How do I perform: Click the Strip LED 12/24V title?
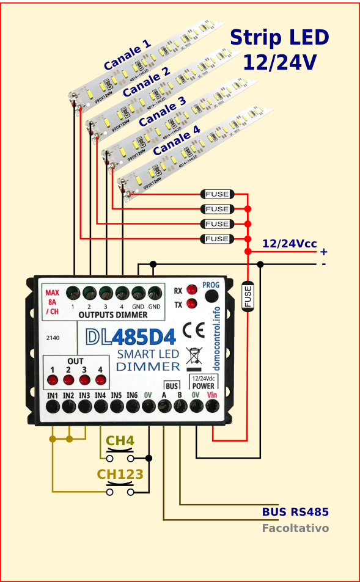point(279,49)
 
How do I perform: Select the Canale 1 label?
point(127,55)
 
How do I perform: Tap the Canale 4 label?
point(176,140)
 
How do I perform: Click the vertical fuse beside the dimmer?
point(248,296)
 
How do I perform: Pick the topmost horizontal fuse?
point(217,194)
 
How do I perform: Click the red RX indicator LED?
point(192,289)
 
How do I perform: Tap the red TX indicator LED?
point(192,304)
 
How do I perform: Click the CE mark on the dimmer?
point(199,330)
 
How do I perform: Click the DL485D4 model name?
point(130,336)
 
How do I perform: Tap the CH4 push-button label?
point(120,441)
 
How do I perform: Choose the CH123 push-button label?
point(120,475)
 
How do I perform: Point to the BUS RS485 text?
point(296,512)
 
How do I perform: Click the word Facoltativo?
point(296,528)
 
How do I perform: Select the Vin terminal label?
point(212,395)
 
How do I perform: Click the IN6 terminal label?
point(132,395)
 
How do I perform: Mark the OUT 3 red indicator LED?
point(84,380)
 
